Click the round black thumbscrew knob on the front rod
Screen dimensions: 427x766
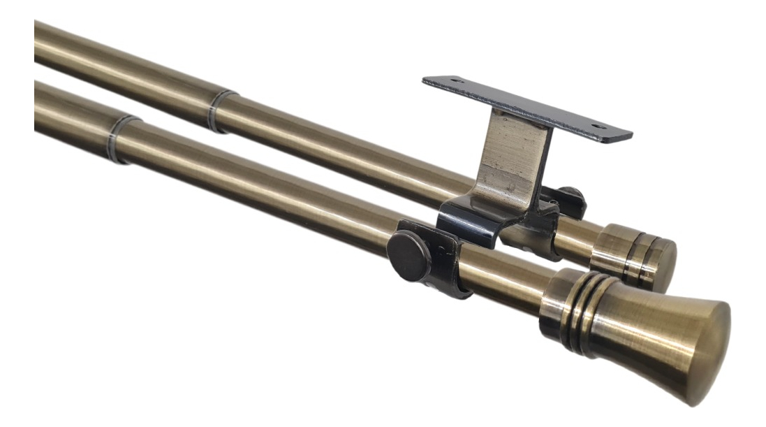coord(409,256)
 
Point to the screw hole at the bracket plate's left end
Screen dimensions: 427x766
coord(457,82)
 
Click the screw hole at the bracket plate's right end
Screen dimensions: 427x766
coord(596,127)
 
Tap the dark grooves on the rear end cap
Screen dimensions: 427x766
coord(646,259)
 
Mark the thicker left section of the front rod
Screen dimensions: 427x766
coord(70,112)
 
